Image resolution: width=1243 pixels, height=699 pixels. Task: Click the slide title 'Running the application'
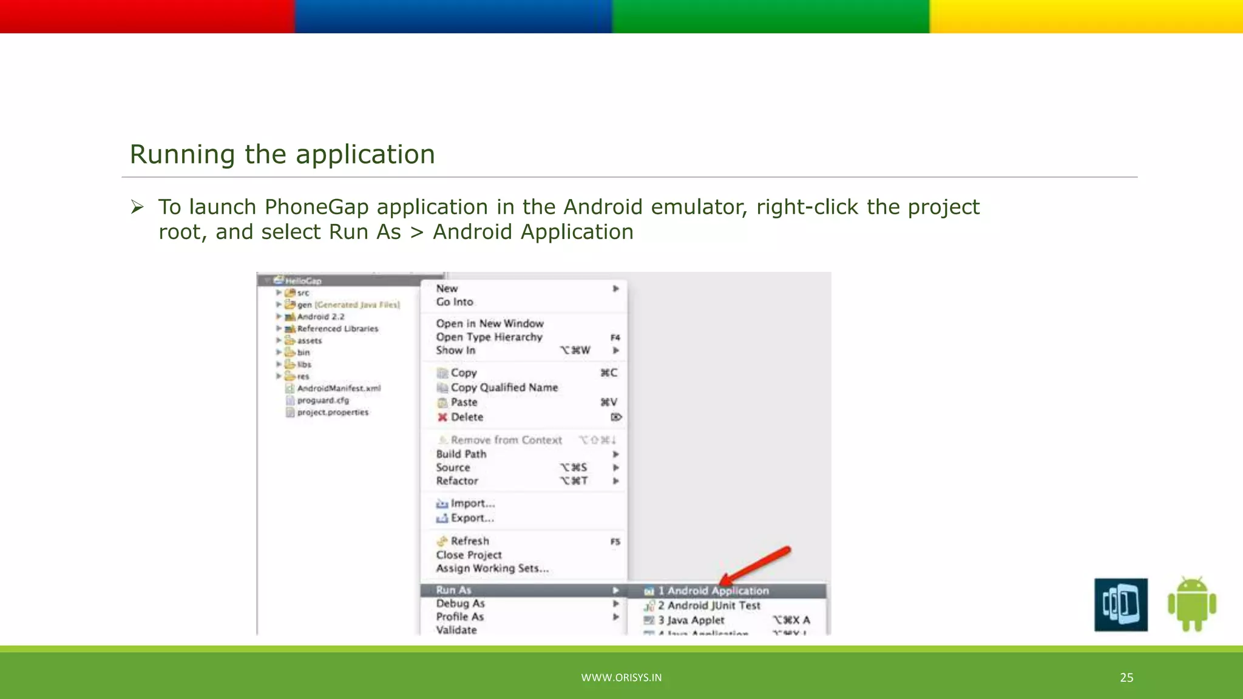click(282, 155)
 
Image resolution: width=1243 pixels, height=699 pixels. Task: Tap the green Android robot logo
click(1191, 604)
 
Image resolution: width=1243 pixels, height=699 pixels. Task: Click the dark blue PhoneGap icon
click(1120, 604)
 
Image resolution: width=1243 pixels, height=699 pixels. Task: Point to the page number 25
click(1126, 678)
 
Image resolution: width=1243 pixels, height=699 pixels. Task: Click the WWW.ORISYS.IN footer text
click(621, 678)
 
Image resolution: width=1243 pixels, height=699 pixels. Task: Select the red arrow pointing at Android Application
click(756, 564)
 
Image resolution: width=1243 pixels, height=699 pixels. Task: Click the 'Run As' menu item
click(453, 590)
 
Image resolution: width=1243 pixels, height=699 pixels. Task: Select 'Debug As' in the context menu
click(460, 603)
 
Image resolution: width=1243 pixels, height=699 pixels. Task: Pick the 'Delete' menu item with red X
click(466, 417)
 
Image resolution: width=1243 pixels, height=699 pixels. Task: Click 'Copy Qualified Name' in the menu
click(504, 387)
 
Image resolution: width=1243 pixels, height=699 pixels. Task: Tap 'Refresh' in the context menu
click(469, 541)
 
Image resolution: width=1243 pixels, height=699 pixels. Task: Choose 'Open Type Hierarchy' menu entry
click(489, 337)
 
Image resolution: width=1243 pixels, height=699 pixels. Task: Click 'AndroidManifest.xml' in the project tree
click(339, 388)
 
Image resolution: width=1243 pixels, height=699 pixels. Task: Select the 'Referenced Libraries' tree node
click(337, 328)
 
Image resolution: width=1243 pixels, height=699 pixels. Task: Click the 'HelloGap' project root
click(303, 281)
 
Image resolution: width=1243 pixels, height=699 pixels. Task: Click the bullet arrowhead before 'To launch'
click(137, 208)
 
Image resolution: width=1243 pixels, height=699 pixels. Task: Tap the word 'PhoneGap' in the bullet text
click(316, 208)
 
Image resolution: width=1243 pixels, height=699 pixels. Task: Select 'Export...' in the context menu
click(472, 518)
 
